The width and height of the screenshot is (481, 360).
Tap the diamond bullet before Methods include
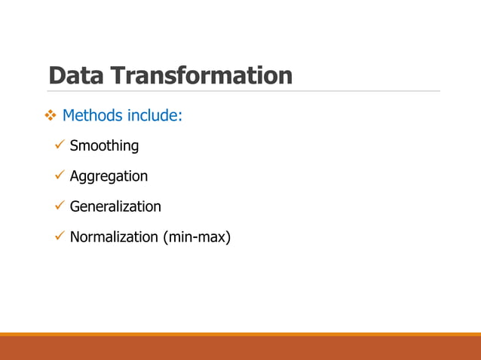(51, 116)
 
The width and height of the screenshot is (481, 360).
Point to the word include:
(154, 116)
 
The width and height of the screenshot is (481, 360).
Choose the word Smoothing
(104, 146)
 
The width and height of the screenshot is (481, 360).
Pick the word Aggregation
(109, 177)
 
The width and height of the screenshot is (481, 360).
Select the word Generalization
(115, 206)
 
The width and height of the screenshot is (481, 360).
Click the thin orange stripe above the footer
(240, 334)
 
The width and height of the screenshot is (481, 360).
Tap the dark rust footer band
(240, 349)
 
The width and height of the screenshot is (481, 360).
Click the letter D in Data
(57, 75)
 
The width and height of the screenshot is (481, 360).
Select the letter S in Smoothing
(74, 146)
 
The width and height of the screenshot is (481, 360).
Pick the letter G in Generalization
(75, 206)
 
